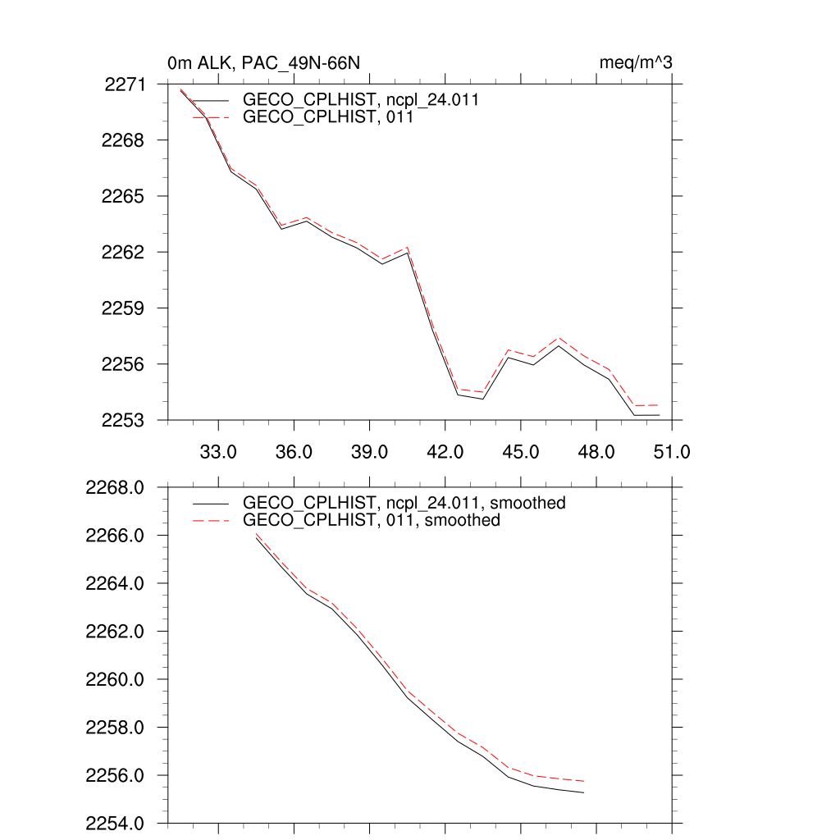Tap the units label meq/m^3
pyautogui.click(x=637, y=63)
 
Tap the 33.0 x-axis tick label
pyautogui.click(x=218, y=452)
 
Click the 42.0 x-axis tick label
pyautogui.click(x=445, y=452)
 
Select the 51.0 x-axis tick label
pyautogui.click(x=671, y=452)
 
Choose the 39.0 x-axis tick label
pyautogui.click(x=369, y=452)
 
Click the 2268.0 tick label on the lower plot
pyautogui.click(x=116, y=488)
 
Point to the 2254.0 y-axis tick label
pyautogui.click(x=116, y=823)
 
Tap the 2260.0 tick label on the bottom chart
pyautogui.click(x=116, y=680)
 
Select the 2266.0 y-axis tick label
pyautogui.click(x=116, y=536)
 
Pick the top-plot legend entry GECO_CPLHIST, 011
pyautogui.click(x=327, y=117)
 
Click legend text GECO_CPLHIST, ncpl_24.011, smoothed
pyautogui.click(x=404, y=503)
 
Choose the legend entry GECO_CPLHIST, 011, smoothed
pyautogui.click(x=372, y=520)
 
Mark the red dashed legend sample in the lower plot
pyautogui.click(x=210, y=520)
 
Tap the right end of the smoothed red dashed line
pyautogui.click(x=583, y=781)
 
